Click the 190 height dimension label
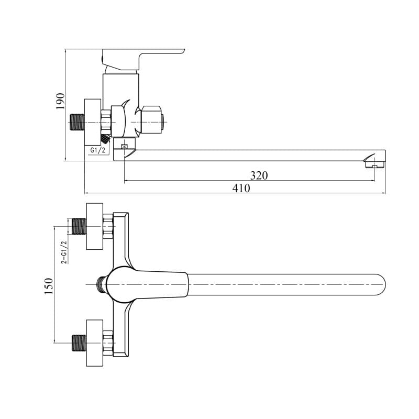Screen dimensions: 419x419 60,101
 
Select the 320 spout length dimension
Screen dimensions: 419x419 259,175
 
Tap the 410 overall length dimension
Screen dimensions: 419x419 241,188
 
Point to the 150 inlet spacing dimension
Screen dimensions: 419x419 49,286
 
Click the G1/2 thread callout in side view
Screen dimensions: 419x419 97,150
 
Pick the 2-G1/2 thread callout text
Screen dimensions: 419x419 64,252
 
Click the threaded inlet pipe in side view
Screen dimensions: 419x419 77,123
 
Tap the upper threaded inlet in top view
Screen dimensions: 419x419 80,226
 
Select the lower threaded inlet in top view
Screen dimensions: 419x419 80,343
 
